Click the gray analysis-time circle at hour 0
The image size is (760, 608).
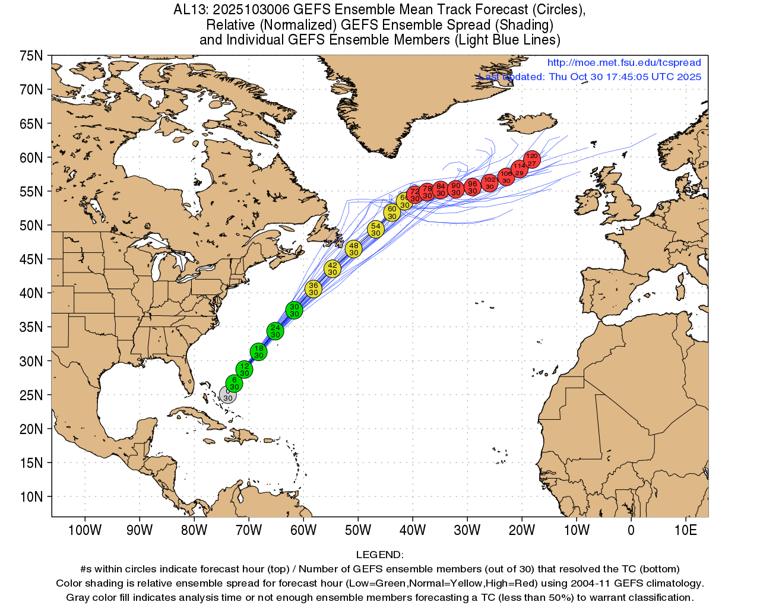click(x=227, y=394)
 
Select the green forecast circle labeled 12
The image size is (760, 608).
click(x=245, y=370)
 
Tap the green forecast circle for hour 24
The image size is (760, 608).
click(x=275, y=331)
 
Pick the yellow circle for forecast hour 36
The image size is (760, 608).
click(x=313, y=289)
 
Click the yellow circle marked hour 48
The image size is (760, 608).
click(x=353, y=249)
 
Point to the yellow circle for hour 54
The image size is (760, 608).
click(x=375, y=229)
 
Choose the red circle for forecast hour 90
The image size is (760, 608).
click(x=455, y=189)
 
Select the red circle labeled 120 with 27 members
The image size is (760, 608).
click(x=532, y=159)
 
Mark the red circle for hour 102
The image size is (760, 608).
click(x=489, y=183)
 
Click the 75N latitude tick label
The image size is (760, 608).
click(x=31, y=56)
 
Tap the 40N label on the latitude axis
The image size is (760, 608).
click(x=31, y=293)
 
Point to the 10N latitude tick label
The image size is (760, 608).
click(x=31, y=497)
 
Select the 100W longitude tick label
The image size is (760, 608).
click(x=84, y=530)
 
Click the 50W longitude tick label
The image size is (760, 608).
click(x=358, y=530)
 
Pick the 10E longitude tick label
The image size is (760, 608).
click(x=686, y=530)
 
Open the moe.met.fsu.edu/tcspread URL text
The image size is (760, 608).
click(x=624, y=62)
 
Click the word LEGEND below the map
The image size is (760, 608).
click(x=379, y=555)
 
